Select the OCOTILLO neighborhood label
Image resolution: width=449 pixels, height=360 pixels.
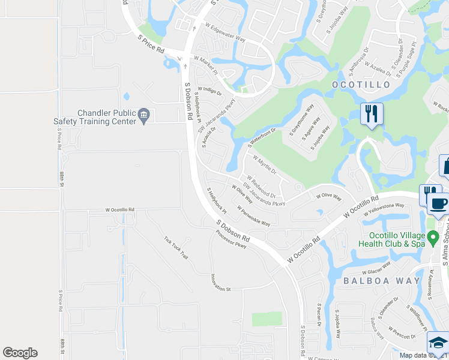(x=361, y=85)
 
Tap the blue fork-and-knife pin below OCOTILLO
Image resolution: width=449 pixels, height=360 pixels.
(x=372, y=113)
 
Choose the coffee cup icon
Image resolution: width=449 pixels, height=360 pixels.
(x=439, y=202)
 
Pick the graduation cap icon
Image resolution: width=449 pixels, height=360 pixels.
(x=438, y=343)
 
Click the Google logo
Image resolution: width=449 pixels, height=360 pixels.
(x=20, y=353)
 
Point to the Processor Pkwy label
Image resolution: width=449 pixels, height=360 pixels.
(x=232, y=239)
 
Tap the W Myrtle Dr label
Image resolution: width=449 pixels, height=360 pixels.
(x=264, y=166)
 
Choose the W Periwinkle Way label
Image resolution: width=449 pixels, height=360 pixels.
(x=254, y=216)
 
